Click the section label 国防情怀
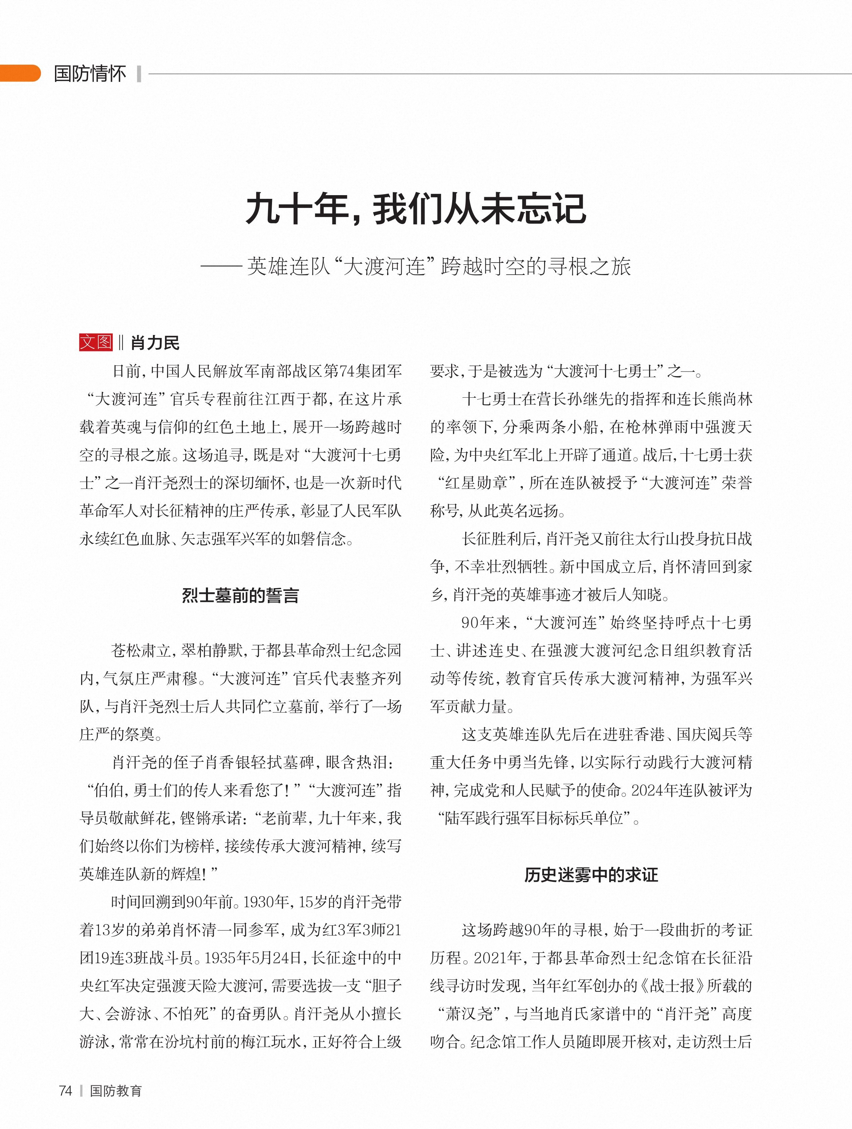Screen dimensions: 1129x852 coord(90,73)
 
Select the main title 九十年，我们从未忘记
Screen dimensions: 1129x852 coord(416,209)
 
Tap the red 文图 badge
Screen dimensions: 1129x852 coord(96,342)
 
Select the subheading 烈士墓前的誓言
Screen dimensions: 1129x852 coord(240,595)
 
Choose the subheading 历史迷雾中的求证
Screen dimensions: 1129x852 coord(591,875)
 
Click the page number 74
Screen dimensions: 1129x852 coord(65,1091)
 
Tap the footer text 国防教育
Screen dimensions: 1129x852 coord(116,1091)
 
